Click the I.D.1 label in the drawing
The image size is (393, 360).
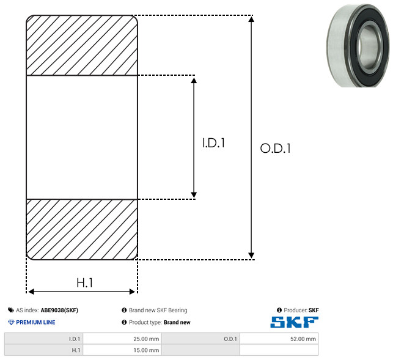[x=213, y=143]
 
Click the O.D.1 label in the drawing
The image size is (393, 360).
[x=275, y=148]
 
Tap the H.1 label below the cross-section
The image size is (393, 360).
[x=85, y=283]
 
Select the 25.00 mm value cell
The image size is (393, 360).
[x=122, y=339]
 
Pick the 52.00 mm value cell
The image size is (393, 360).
[x=279, y=339]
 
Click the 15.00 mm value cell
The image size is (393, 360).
[x=122, y=350]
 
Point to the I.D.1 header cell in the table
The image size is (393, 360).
[x=43, y=339]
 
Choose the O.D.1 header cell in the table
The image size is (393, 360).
[x=200, y=339]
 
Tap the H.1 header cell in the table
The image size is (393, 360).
[x=43, y=350]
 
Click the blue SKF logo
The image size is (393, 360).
[x=294, y=322]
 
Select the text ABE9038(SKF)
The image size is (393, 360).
[x=59, y=310]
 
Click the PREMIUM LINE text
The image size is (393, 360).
[x=35, y=322]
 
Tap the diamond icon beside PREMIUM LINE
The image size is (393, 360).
[x=11, y=322]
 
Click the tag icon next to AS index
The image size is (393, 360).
[x=11, y=310]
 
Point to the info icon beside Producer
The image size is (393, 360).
[x=279, y=310]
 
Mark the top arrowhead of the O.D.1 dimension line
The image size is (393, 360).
[x=251, y=19]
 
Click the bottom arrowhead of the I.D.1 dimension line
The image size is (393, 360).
[x=194, y=195]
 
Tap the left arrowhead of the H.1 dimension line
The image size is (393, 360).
[x=31, y=292]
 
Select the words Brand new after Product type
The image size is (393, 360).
[x=177, y=322]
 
